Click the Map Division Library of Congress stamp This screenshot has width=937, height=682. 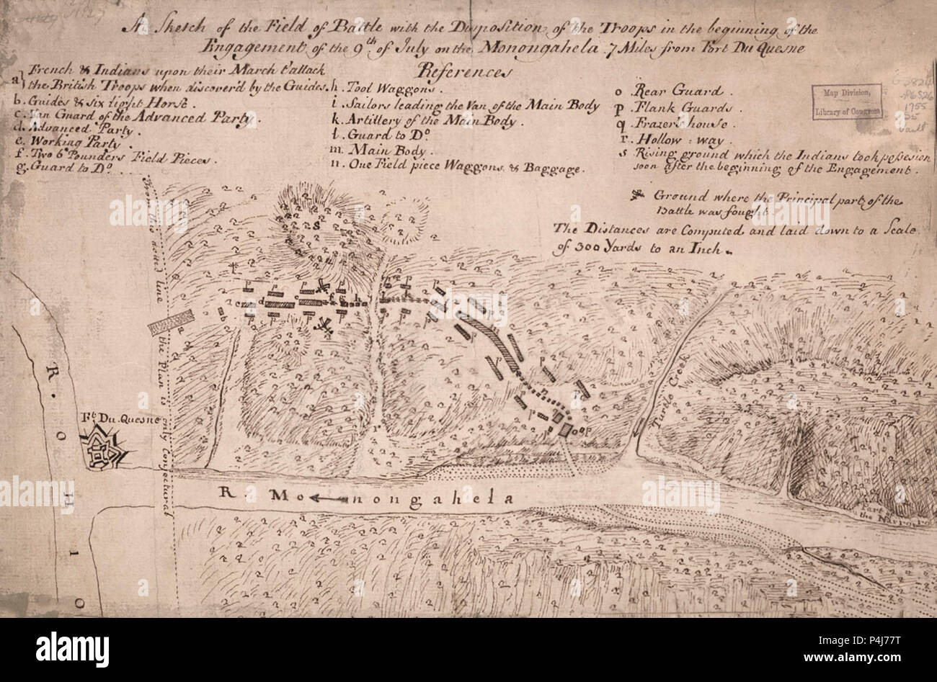(845, 102)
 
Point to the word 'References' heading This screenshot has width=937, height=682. (463, 72)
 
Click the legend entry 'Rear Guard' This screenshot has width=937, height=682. (677, 91)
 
